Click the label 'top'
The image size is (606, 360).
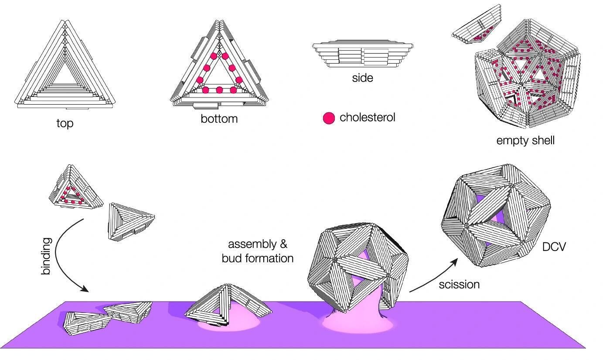tap(65, 123)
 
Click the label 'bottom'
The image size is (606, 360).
tap(219, 119)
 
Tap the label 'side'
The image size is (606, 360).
tap(362, 78)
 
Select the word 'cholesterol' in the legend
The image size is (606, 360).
tap(367, 117)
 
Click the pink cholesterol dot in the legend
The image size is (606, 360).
tap(329, 118)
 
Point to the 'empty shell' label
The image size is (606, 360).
tap(525, 140)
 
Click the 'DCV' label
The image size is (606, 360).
tap(554, 247)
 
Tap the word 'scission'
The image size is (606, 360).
tap(459, 285)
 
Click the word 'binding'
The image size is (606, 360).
tap(46, 256)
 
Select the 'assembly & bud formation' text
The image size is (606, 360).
tap(257, 251)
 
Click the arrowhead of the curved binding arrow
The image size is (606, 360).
tap(85, 289)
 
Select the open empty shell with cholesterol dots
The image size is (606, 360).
tap(525, 83)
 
